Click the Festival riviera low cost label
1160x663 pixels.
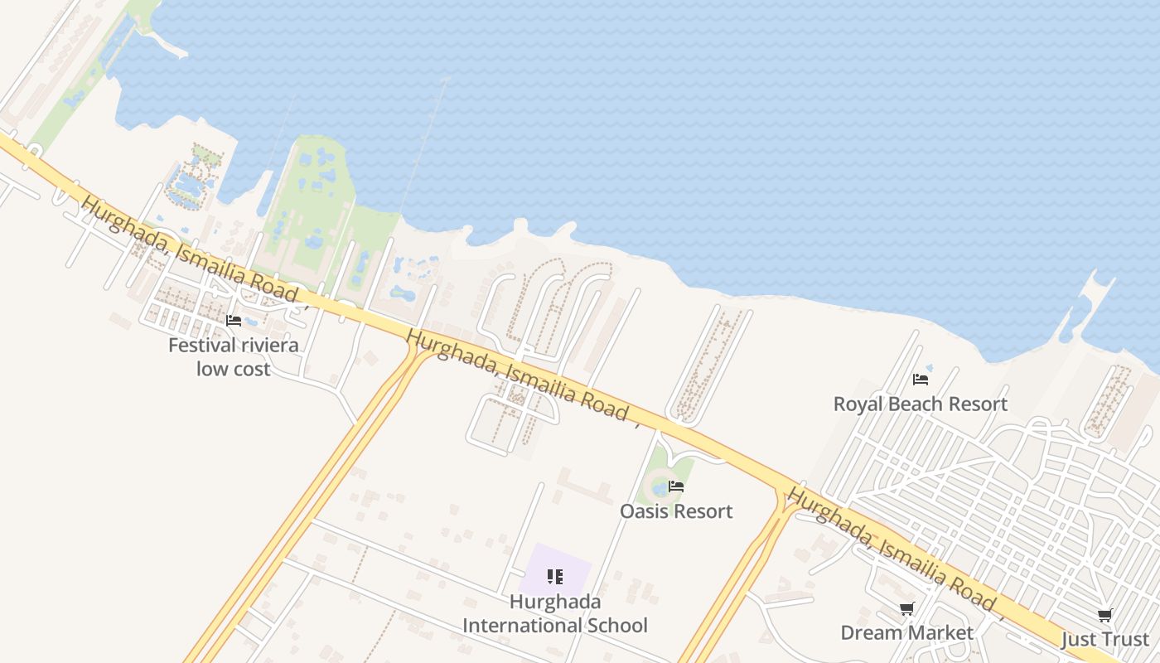233,356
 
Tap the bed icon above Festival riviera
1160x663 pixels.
234,321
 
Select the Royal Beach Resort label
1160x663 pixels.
920,404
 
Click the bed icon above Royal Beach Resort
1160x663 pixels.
920,380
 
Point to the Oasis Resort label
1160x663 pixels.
676,511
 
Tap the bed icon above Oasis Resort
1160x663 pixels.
676,486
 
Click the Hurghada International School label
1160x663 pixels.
555,613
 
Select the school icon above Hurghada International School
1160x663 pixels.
555,576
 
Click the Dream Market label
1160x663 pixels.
906,632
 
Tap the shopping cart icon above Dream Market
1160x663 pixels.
907,609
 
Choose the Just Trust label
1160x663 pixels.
1105,639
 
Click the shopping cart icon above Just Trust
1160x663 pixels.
1104,616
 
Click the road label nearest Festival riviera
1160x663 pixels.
191,249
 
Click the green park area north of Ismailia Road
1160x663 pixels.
311,207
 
